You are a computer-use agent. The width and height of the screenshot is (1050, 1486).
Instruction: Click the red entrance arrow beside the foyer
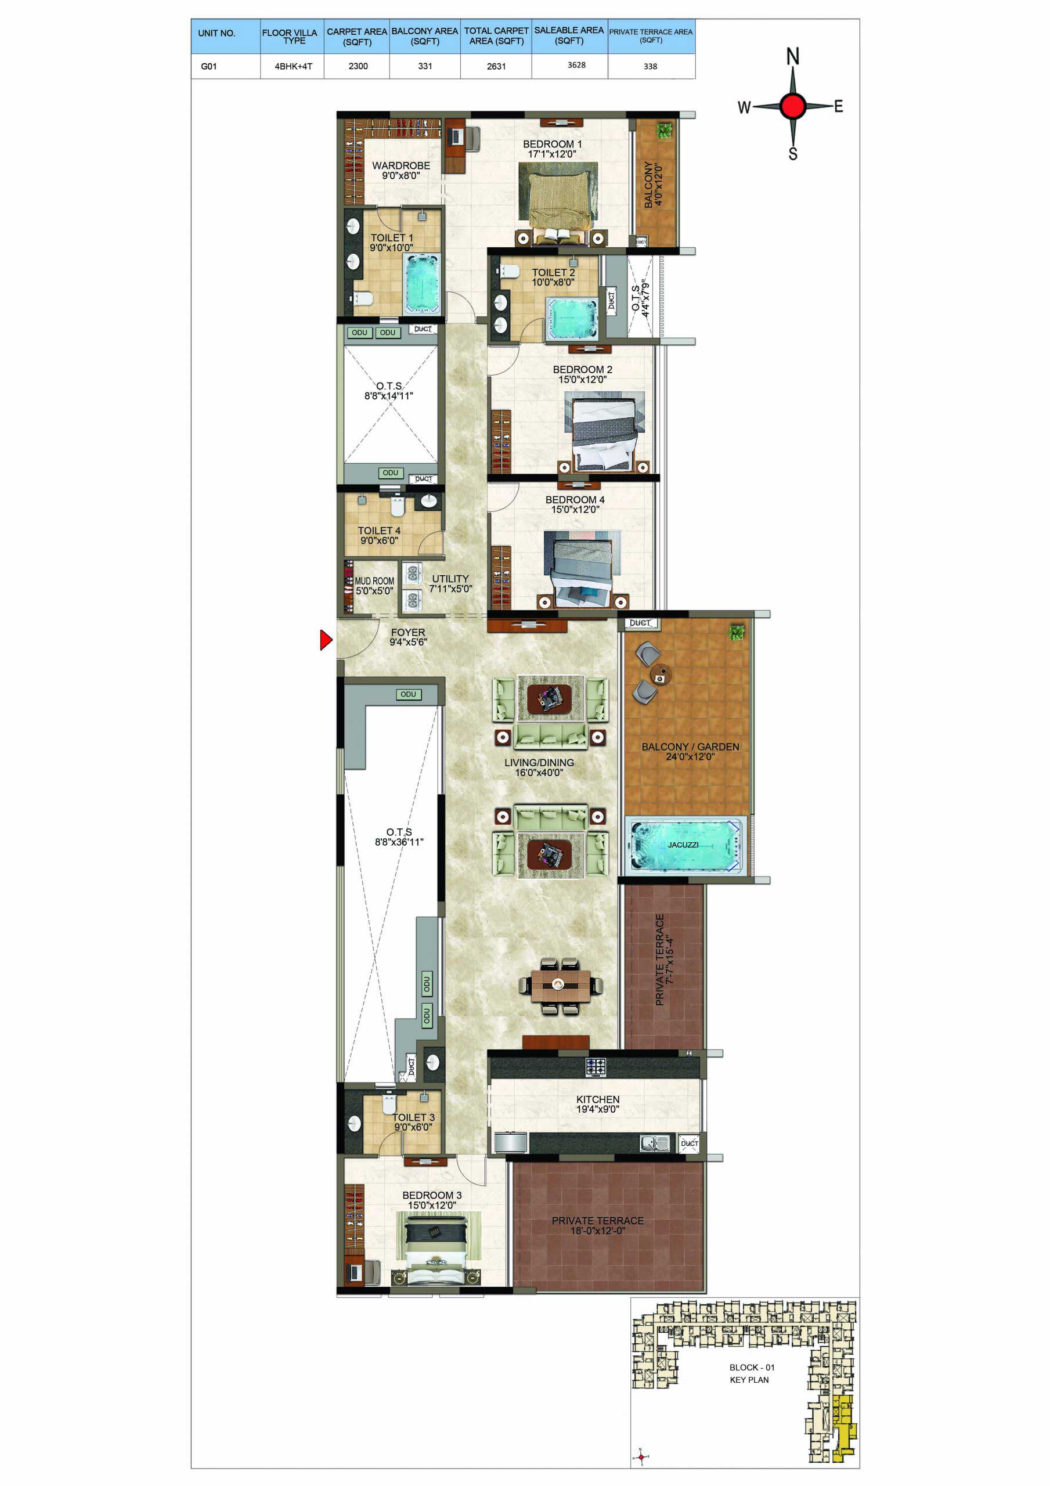pos(326,640)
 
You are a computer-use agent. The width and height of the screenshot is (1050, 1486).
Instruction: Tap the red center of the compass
pos(792,106)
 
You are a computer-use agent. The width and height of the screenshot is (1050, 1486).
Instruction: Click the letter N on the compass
pos(792,56)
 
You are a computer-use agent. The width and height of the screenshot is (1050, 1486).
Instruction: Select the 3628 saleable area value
pos(576,64)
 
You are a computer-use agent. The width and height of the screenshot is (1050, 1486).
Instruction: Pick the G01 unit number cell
pos(208,66)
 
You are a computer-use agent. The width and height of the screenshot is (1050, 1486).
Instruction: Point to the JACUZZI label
pos(683,845)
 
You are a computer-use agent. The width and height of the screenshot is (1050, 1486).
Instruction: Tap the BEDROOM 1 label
pos(552,144)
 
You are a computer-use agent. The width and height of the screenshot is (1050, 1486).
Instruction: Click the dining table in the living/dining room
pos(561,984)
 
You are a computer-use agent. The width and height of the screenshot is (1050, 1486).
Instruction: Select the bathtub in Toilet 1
pos(422,284)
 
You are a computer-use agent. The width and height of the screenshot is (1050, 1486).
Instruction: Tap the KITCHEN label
pos(597,1099)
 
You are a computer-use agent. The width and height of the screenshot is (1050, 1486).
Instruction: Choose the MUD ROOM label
pos(374,581)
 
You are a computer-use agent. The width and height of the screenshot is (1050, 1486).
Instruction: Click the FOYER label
pos(408,632)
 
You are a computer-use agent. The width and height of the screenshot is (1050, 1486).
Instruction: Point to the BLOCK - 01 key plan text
pos(752,1367)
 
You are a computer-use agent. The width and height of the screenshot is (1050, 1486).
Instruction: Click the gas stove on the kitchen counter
pos(596,1066)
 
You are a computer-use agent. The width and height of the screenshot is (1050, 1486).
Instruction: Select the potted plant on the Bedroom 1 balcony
pos(663,131)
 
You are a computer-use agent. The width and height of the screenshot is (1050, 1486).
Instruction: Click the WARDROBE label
pos(400,165)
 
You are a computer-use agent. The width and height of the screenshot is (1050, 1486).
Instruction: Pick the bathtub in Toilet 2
pos(572,319)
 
